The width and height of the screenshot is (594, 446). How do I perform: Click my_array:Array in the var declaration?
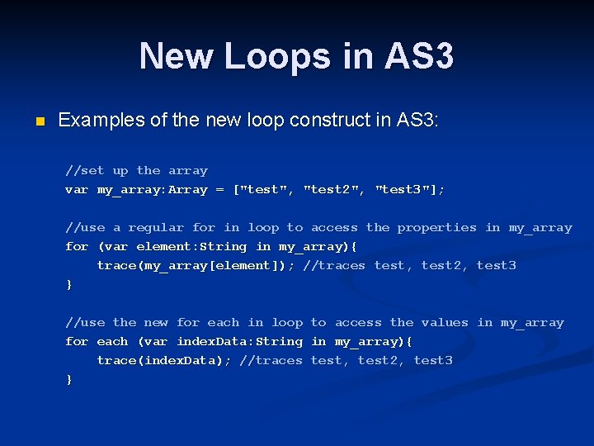pyautogui.click(x=152, y=190)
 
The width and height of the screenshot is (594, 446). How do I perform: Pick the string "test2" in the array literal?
pyautogui.click(x=334, y=190)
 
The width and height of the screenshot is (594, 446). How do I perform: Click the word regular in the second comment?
pyautogui.click(x=156, y=228)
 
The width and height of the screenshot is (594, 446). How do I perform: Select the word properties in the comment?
pyautogui.click(x=436, y=228)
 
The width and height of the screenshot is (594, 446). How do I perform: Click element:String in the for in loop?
pyautogui.click(x=191, y=247)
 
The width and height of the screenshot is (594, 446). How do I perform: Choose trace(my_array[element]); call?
pyautogui.click(x=196, y=266)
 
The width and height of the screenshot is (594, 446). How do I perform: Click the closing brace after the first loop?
pyautogui.click(x=69, y=285)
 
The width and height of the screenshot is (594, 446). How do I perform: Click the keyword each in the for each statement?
pyautogui.click(x=112, y=342)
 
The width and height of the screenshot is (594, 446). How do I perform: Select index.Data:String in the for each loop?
pyautogui.click(x=239, y=342)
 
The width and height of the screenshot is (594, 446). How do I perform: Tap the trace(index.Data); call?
pyautogui.click(x=164, y=361)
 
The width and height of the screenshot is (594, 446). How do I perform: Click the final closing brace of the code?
pyautogui.click(x=69, y=380)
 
